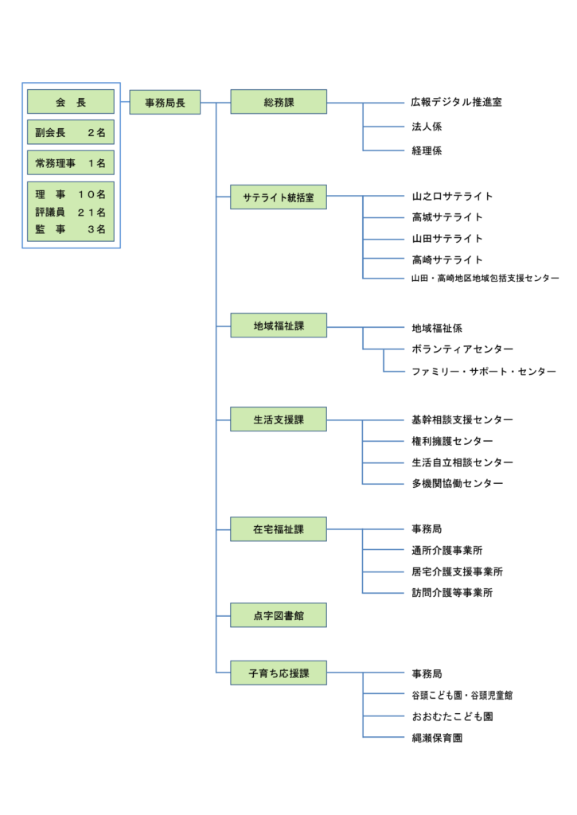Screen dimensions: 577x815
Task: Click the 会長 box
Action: click(x=71, y=102)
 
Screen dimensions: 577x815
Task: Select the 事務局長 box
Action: click(x=165, y=103)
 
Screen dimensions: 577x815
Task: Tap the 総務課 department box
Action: click(x=279, y=102)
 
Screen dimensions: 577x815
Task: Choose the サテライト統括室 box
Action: click(x=279, y=197)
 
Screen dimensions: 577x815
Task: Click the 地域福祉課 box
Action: click(x=279, y=326)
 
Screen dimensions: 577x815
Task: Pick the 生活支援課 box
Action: click(x=279, y=419)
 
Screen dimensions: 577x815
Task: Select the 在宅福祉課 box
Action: click(x=279, y=529)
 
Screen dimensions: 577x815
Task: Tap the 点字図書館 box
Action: click(x=279, y=615)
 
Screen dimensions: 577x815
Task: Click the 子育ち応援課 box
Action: click(x=279, y=673)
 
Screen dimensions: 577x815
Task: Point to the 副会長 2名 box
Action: click(x=71, y=133)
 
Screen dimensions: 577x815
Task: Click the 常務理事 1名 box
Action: click(x=71, y=163)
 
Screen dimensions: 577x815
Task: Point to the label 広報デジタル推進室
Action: click(x=457, y=103)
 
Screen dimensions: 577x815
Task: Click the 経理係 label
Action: click(x=427, y=150)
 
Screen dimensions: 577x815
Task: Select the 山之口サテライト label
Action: click(x=452, y=197)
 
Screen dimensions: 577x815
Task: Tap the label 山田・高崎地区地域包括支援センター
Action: click(x=485, y=279)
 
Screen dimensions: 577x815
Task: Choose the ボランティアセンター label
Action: click(x=462, y=349)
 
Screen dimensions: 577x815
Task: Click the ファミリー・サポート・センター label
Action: click(x=483, y=372)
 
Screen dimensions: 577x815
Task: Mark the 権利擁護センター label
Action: click(x=452, y=441)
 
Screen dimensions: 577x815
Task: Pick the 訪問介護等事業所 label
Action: click(x=452, y=593)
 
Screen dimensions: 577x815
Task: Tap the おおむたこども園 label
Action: click(x=452, y=717)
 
